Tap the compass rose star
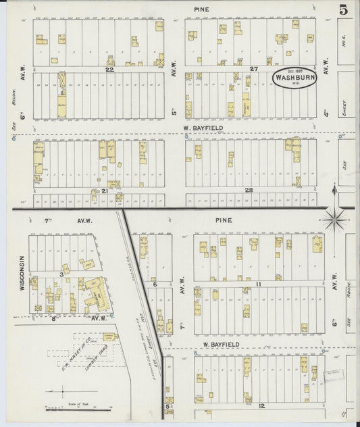(336, 219)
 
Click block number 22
(107, 69)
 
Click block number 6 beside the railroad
(155, 284)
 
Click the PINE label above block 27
(201, 9)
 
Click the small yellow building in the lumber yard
(107, 335)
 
